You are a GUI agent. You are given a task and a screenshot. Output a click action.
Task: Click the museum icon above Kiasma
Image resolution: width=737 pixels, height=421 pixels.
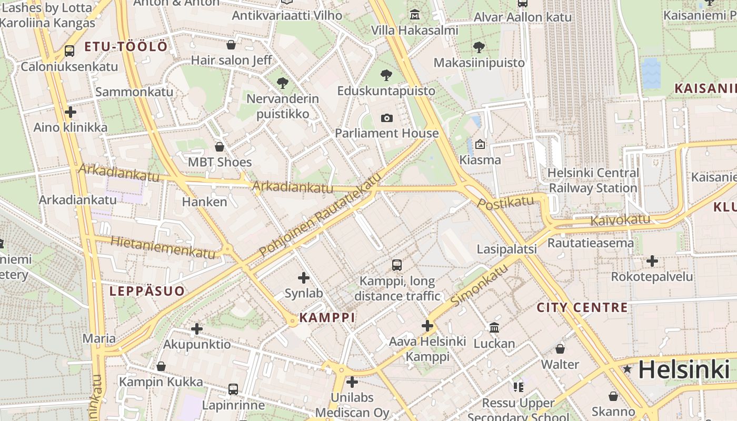tap(480, 144)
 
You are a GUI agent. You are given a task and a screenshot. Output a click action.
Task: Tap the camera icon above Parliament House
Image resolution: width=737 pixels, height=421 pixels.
tap(387, 118)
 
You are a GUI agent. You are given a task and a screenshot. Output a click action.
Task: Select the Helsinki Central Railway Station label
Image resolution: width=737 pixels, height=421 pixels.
tap(593, 181)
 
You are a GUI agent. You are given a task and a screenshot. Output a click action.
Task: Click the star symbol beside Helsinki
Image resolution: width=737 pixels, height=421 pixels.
tap(627, 369)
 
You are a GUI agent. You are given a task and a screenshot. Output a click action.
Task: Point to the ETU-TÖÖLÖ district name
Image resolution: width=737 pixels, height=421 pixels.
tap(126, 47)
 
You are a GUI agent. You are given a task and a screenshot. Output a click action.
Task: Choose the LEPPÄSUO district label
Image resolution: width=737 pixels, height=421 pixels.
tap(147, 291)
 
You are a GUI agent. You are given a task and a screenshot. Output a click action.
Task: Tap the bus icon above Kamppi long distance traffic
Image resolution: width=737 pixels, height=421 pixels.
tap(397, 265)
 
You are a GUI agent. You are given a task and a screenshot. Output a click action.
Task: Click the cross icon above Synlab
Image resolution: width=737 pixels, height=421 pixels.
tap(304, 277)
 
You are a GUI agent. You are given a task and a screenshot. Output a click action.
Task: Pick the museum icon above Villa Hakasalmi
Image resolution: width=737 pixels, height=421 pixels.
tap(415, 15)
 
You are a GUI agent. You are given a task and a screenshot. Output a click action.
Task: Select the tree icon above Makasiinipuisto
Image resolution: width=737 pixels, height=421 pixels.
tap(479, 47)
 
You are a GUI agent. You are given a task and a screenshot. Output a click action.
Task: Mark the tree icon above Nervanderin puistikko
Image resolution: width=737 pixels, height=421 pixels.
tap(283, 83)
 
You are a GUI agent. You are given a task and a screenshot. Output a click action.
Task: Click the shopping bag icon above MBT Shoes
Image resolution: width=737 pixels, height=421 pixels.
tap(220, 146)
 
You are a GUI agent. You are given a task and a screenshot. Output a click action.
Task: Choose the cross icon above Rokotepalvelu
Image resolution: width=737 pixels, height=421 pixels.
tap(652, 260)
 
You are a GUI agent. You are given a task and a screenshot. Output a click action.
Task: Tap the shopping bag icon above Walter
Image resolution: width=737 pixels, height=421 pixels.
tap(560, 349)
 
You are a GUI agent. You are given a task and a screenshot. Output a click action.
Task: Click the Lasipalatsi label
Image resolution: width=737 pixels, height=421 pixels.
tap(506, 249)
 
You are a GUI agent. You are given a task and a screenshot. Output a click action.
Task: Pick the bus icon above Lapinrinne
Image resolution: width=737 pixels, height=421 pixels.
tap(233, 389)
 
